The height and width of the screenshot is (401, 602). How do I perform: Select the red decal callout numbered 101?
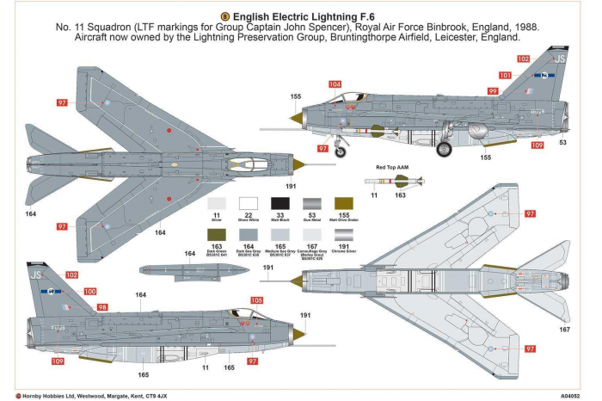[x=505, y=76]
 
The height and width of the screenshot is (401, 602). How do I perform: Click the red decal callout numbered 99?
[x=493, y=90]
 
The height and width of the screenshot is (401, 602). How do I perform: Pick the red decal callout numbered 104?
[x=334, y=84]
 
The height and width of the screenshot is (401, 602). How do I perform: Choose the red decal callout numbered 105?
[x=256, y=300]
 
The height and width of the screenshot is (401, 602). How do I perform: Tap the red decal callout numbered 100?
[x=90, y=292]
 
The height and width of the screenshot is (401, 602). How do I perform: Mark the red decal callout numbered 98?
[x=102, y=307]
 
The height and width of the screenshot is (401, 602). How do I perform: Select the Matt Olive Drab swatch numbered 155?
[x=343, y=203]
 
